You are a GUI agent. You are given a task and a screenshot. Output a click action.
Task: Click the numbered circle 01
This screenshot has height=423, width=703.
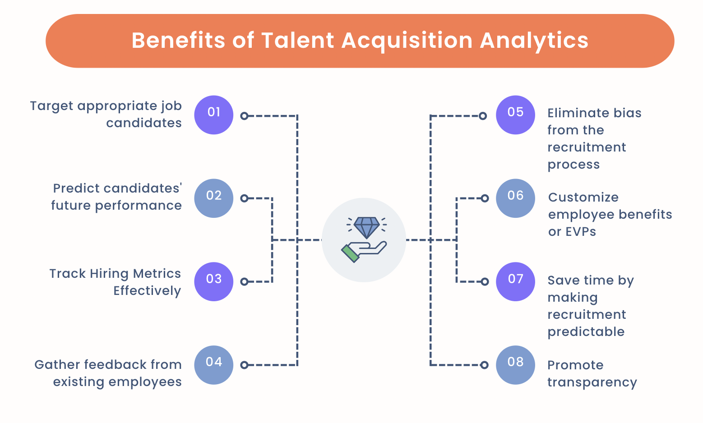(x=214, y=115)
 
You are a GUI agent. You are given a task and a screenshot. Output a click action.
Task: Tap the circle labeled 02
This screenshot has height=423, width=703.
(x=214, y=198)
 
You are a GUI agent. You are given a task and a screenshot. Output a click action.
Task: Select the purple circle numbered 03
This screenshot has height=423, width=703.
(x=214, y=281)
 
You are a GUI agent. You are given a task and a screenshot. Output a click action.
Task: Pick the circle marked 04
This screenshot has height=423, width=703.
(x=214, y=365)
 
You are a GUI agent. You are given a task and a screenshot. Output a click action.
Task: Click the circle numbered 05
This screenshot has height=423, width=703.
(x=515, y=115)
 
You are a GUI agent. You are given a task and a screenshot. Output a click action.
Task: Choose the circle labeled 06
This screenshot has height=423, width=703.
(x=515, y=198)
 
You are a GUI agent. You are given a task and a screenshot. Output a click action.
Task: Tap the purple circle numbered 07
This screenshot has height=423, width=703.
(x=515, y=281)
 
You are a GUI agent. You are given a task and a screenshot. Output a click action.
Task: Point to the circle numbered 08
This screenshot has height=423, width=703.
(x=515, y=365)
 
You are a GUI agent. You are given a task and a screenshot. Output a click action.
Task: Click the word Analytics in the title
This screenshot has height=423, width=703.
(x=534, y=41)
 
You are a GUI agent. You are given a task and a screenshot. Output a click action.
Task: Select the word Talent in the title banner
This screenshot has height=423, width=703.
(x=297, y=41)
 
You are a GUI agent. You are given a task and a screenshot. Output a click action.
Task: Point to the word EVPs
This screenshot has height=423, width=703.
(x=572, y=232)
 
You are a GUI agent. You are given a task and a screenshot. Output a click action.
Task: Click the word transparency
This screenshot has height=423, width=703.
(x=592, y=383)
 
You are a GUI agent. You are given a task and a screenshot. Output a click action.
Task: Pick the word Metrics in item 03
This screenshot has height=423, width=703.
(x=157, y=273)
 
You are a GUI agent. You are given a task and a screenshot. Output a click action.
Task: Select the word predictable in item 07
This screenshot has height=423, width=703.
(x=586, y=332)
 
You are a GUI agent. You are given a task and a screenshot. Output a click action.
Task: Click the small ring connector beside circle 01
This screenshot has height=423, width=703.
(x=244, y=116)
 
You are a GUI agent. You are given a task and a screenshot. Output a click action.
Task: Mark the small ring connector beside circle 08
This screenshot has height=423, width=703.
(x=484, y=365)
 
